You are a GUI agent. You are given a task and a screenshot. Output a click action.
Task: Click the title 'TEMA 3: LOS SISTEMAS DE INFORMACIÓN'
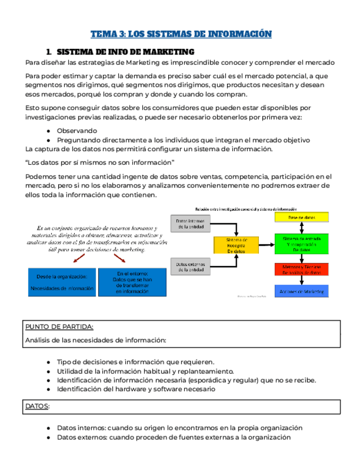pos(181,34)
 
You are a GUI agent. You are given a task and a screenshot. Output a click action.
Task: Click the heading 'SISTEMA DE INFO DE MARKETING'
pos(126,52)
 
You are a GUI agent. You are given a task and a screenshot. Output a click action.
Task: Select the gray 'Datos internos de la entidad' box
pos(189,223)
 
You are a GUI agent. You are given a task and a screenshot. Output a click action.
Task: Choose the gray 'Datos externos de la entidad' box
pos(189,267)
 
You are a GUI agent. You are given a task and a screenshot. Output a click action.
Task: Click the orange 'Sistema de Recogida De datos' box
pos(237,245)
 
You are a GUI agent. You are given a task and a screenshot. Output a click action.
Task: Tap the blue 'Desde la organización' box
pos(62,282)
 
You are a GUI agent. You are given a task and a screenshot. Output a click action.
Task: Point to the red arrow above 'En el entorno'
pos(118,258)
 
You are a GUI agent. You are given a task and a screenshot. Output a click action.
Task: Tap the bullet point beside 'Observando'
pos(49,131)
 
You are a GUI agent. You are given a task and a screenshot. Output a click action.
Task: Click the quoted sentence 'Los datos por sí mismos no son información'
pos(99,162)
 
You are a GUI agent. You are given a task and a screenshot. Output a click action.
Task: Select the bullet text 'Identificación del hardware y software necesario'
pos(136,389)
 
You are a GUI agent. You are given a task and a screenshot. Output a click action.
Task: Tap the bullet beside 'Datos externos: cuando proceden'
pos(49,437)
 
